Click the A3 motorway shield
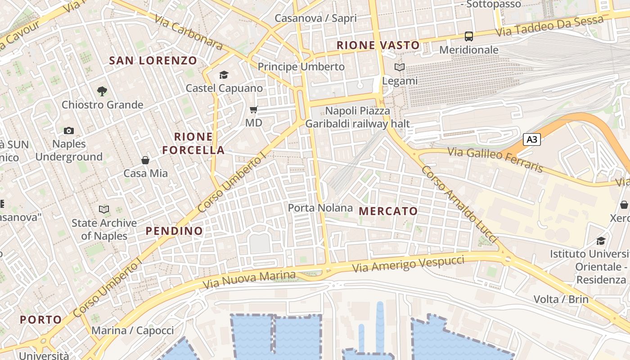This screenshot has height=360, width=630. tap(531, 139)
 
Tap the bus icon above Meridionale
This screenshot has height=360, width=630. tap(469, 36)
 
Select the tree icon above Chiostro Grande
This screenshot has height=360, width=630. tap(102, 91)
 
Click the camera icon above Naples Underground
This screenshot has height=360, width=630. tap(69, 131)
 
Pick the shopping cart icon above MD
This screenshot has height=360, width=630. tap(254, 109)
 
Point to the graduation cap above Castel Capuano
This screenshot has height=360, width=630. tap(224, 75)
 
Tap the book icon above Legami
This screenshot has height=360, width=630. tap(400, 67)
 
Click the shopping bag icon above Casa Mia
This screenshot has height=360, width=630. tap(145, 160)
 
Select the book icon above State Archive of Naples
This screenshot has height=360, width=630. tap(104, 209)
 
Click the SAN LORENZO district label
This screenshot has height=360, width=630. tap(153, 60)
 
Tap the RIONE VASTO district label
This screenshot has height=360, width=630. tap(378, 45)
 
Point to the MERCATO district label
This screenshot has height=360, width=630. tap(388, 211)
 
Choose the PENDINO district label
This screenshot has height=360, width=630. tap(174, 231)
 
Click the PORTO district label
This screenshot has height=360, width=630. tap(41, 319)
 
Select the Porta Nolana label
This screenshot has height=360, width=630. tap(320, 208)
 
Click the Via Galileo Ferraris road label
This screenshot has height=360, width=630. tap(495, 160)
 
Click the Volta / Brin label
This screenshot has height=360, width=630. tap(561, 299)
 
